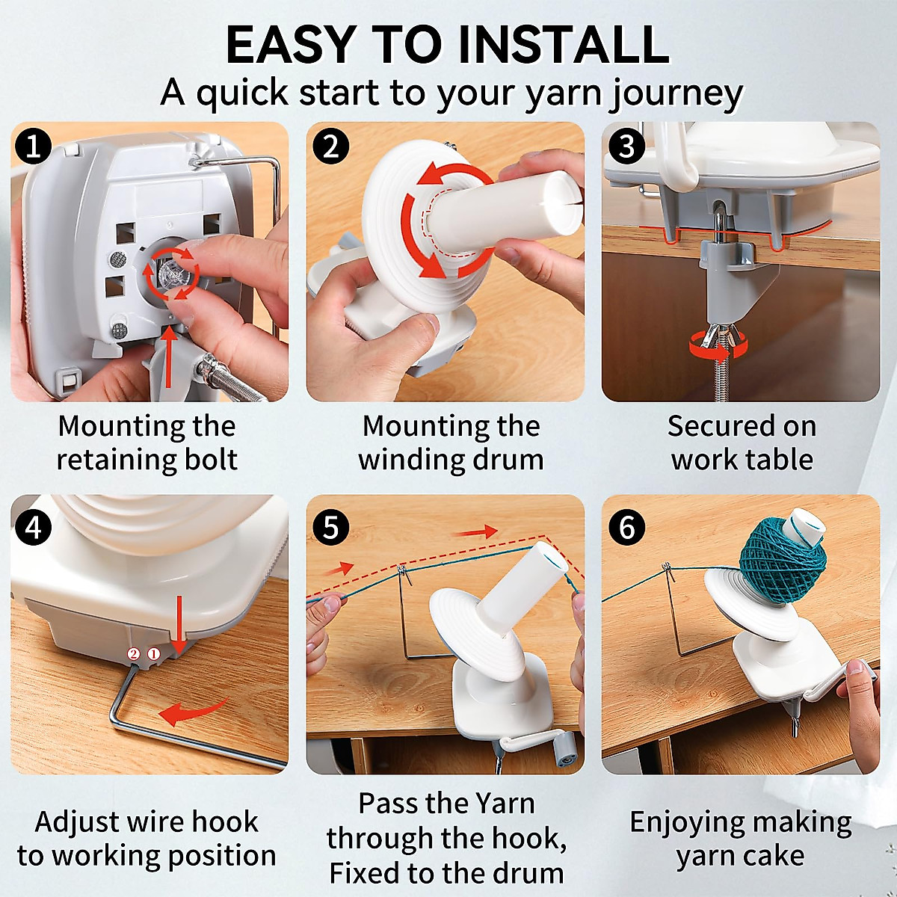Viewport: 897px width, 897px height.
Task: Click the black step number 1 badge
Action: click(33, 147)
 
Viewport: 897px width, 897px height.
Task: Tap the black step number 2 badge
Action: click(330, 147)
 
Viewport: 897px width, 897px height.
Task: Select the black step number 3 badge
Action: click(626, 147)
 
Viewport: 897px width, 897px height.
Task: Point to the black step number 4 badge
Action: click(33, 528)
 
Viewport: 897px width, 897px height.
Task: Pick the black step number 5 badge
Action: click(330, 528)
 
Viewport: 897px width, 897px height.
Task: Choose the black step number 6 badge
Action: click(626, 528)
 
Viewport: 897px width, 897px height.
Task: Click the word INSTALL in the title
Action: click(564, 45)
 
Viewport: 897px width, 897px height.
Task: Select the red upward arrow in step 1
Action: click(169, 357)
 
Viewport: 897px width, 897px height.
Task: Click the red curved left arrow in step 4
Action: click(193, 712)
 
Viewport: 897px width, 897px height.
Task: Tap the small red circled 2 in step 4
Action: click(134, 655)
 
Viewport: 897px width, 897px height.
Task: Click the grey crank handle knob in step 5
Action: click(566, 746)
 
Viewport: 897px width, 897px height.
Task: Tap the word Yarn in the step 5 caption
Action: click(503, 804)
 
